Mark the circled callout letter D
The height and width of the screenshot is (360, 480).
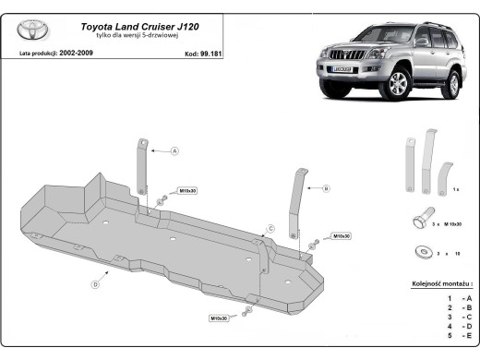pos(95,285)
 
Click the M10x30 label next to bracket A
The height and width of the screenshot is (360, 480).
pos(187,190)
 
